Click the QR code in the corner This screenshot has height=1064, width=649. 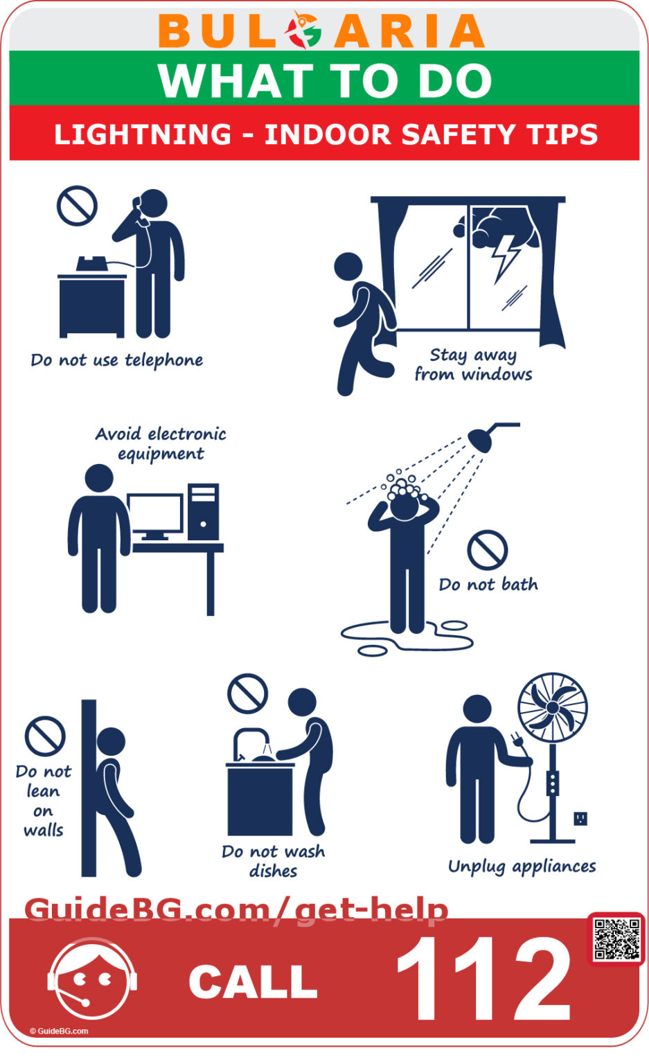click(x=616, y=939)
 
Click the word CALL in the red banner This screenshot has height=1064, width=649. click(x=253, y=982)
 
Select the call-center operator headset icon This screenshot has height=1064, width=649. click(x=92, y=979)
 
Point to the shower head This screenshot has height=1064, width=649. click(x=482, y=438)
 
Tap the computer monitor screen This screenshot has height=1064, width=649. click(x=155, y=513)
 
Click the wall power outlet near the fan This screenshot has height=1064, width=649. click(x=580, y=819)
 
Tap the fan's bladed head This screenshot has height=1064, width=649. click(x=553, y=707)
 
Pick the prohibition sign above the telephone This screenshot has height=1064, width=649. click(x=76, y=205)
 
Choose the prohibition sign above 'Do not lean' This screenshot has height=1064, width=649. click(x=45, y=736)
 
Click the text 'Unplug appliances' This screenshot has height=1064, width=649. click(x=522, y=867)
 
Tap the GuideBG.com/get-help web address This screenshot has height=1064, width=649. click(x=236, y=910)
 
